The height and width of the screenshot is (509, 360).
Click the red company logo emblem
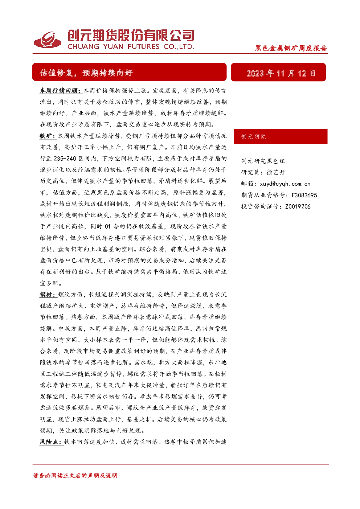(x=48, y=40)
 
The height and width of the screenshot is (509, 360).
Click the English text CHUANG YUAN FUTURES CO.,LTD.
(x=131, y=47)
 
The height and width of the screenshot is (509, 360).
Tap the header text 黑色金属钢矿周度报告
(x=291, y=48)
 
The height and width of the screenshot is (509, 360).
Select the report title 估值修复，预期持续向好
(x=86, y=73)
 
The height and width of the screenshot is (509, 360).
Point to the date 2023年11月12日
(x=281, y=73)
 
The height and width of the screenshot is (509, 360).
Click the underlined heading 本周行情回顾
(x=61, y=91)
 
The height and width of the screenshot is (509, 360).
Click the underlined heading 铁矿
(x=48, y=136)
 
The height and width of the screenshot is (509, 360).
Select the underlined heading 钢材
(x=48, y=295)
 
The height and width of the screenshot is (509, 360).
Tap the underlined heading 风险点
(x=52, y=442)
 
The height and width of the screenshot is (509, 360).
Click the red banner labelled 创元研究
(x=281, y=136)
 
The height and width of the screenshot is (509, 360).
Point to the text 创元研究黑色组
(x=263, y=161)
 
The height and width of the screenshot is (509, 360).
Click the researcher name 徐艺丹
(x=276, y=172)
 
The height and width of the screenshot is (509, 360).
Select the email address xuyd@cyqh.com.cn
(x=285, y=184)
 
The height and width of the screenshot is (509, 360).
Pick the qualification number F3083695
(x=304, y=195)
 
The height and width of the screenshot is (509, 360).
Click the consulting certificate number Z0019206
(x=298, y=206)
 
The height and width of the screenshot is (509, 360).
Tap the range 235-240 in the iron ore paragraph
(x=65, y=159)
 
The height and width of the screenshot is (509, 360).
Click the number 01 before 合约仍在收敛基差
(x=107, y=226)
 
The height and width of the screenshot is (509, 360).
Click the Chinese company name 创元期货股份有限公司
(x=131, y=36)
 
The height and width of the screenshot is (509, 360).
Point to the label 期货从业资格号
(x=263, y=195)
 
